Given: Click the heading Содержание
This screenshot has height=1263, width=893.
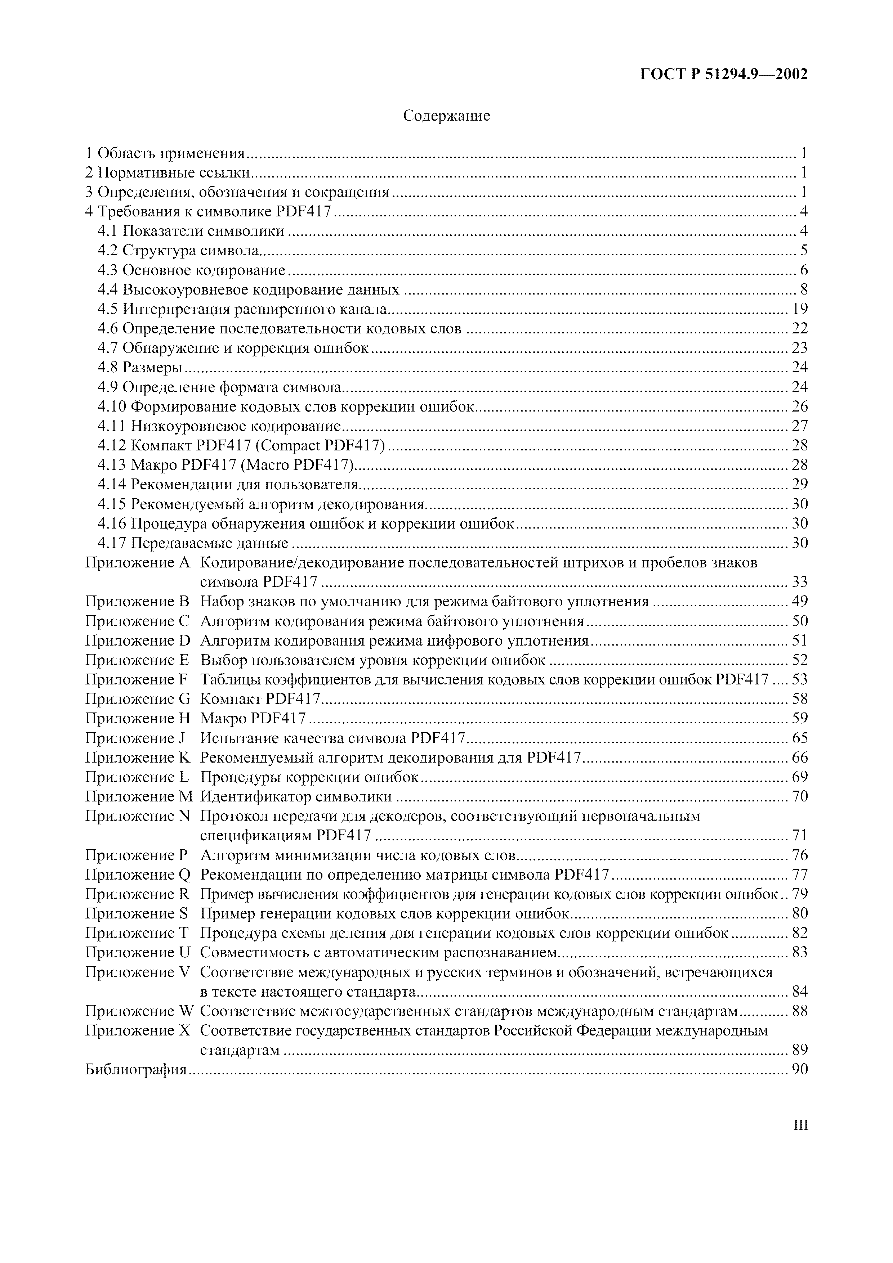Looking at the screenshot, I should click(446, 116).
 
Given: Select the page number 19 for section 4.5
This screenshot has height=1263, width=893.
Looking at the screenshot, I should click(799, 309).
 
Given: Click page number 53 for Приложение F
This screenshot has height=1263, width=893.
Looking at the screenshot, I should click(799, 680).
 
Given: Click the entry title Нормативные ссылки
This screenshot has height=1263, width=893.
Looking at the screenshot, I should click(174, 173).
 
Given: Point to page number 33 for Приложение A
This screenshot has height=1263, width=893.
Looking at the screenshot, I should click(799, 582).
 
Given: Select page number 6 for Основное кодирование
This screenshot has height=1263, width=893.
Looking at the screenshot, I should click(803, 271).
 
